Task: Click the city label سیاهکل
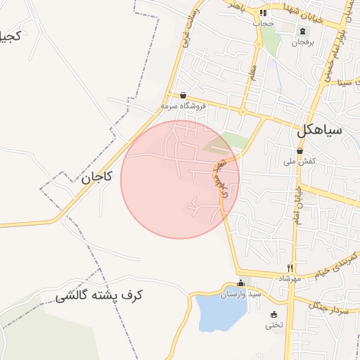click(x=319, y=130)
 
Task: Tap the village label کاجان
click(x=96, y=178)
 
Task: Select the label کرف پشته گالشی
click(x=99, y=296)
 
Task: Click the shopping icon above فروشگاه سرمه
click(x=184, y=95)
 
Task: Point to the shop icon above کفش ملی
click(x=300, y=150)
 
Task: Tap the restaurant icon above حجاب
click(x=263, y=13)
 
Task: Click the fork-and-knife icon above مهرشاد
click(x=290, y=268)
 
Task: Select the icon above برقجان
click(x=303, y=32)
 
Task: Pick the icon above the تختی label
click(x=274, y=314)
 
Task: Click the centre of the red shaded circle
click(x=180, y=179)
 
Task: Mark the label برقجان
click(x=303, y=43)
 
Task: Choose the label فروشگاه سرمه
click(x=184, y=105)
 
